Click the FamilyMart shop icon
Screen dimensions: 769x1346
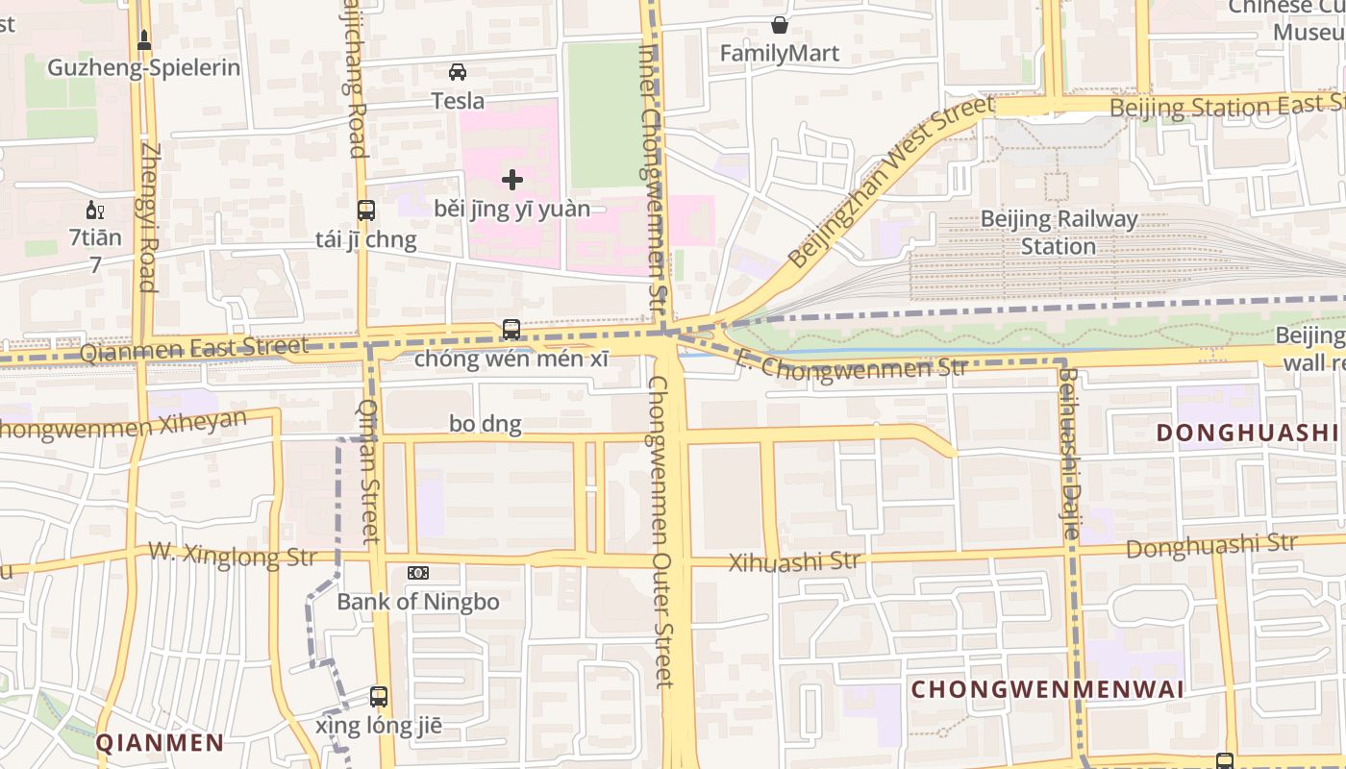[780, 25]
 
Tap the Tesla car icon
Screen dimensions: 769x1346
[458, 72]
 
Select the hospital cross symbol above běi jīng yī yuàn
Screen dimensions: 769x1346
[512, 179]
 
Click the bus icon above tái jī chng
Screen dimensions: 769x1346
[365, 211]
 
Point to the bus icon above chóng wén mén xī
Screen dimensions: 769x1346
[511, 330]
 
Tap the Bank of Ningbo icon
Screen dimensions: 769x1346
[417, 573]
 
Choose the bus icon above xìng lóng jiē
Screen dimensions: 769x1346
[379, 697]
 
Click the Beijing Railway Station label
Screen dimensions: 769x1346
[1058, 233]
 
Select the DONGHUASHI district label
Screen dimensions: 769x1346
[1247, 433]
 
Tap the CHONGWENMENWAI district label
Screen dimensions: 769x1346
[1047, 689]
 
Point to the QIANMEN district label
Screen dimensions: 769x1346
[160, 742]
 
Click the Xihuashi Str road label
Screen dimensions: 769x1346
[793, 561]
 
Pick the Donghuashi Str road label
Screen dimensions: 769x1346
[1210, 546]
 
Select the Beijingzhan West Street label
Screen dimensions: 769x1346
[890, 183]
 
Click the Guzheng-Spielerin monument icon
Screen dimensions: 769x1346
[144, 40]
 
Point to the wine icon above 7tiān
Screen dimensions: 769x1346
[95, 211]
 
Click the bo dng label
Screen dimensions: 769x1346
[486, 424]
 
